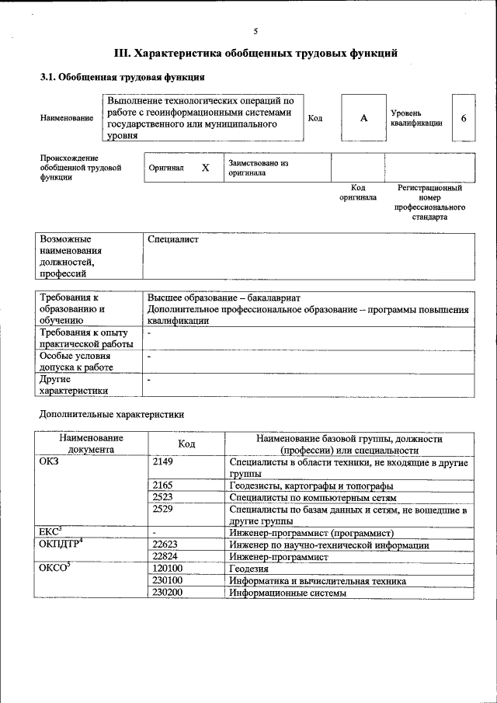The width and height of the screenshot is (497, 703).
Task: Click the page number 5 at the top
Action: pyautogui.click(x=255, y=31)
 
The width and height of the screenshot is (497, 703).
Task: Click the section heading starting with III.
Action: pyautogui.click(x=255, y=54)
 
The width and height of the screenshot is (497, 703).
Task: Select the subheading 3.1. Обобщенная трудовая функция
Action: pyautogui.click(x=123, y=78)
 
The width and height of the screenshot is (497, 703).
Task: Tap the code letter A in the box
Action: pyautogui.click(x=363, y=118)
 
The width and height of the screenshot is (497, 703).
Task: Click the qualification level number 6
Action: pyautogui.click(x=464, y=118)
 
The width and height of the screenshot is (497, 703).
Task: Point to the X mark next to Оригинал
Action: pyautogui.click(x=205, y=168)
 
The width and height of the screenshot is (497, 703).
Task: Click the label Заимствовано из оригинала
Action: pyautogui.click(x=258, y=168)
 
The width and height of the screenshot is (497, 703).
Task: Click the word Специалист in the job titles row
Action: pyautogui.click(x=173, y=239)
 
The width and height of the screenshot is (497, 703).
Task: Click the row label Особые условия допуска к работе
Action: pyautogui.click(x=77, y=361)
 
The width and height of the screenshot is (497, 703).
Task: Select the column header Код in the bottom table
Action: pyautogui.click(x=186, y=444)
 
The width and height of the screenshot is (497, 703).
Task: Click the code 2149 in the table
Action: pyautogui.click(x=163, y=462)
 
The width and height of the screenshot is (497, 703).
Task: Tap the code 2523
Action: pyautogui.click(x=163, y=497)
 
